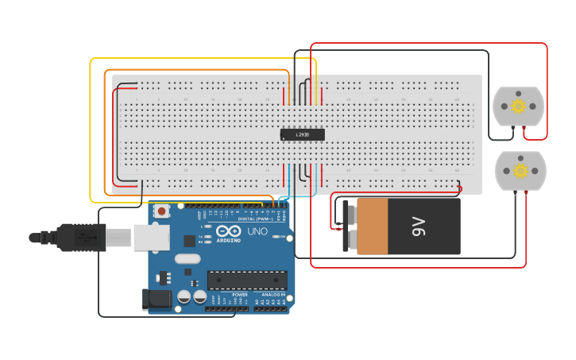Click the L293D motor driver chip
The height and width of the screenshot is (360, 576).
pyautogui.click(x=303, y=135)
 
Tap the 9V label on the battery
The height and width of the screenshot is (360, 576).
pyautogui.click(x=419, y=226)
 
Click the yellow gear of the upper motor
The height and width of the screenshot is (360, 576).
pyautogui.click(x=519, y=106)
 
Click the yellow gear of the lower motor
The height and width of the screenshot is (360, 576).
pyautogui.click(x=521, y=170)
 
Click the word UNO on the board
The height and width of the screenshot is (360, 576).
pyautogui.click(x=257, y=232)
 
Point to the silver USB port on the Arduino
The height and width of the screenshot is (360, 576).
pyautogui.click(x=151, y=237)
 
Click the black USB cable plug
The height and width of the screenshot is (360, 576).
pyautogui.click(x=79, y=237)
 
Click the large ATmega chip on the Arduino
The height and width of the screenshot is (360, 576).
pyautogui.click(x=247, y=280)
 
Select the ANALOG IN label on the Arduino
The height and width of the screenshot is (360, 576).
pyautogui.click(x=272, y=295)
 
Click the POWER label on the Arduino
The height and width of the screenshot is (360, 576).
pyautogui.click(x=240, y=295)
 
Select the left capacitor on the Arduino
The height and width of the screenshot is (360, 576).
pyautogui.click(x=184, y=296)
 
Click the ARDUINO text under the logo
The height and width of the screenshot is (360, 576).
pyautogui.click(x=228, y=240)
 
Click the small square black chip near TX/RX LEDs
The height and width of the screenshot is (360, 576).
pyautogui.click(x=189, y=240)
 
